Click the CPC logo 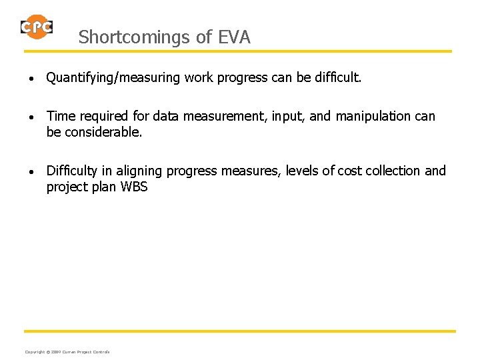point(37,27)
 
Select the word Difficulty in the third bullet point(71,171)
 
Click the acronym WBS point(135,187)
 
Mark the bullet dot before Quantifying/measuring point(31,79)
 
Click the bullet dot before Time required point(31,117)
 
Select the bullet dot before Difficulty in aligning point(31,172)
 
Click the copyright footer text point(67,351)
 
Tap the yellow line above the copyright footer point(240,331)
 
